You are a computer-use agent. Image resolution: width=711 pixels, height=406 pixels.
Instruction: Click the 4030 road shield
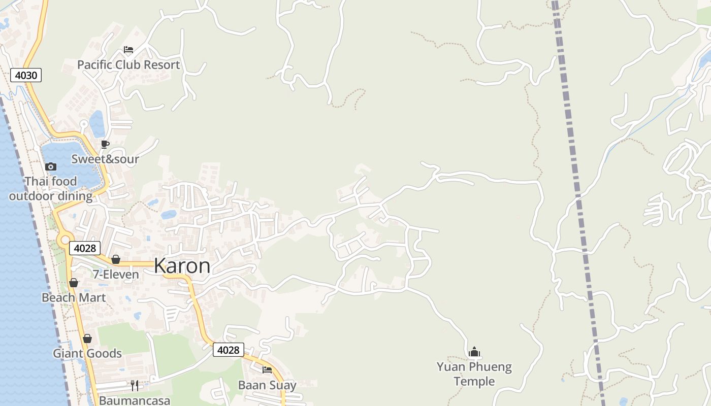(x=26, y=76)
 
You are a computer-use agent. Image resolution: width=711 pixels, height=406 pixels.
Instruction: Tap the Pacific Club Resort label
(x=128, y=65)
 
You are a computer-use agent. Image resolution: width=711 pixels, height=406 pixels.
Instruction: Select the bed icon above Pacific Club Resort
(x=128, y=50)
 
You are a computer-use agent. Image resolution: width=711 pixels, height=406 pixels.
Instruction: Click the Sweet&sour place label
(x=105, y=159)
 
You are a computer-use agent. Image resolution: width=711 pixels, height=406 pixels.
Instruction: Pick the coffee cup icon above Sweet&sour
(x=105, y=145)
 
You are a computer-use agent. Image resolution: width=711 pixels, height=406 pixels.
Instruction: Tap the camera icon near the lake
(x=50, y=166)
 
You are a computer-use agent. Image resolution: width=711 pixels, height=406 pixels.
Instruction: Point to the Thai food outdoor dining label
(x=51, y=189)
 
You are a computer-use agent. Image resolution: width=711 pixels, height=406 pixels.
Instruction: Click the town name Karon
(x=182, y=266)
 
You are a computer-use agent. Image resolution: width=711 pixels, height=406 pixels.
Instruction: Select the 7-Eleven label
(x=116, y=275)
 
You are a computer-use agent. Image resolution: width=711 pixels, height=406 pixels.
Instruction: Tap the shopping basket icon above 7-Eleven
(x=116, y=260)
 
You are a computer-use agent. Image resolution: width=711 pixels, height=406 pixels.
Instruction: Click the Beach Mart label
(x=74, y=297)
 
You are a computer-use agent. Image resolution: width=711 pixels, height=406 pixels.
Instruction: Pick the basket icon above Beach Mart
(x=74, y=283)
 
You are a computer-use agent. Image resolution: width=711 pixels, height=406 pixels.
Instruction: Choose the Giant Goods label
(x=87, y=353)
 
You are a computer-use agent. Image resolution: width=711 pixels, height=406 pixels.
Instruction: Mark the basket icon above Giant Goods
(x=87, y=339)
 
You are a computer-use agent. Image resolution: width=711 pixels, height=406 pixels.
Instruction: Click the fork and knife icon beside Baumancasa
(x=135, y=386)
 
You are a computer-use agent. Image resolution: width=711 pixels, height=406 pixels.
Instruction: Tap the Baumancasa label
(x=135, y=400)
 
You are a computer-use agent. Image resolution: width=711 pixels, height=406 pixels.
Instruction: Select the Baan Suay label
(x=267, y=385)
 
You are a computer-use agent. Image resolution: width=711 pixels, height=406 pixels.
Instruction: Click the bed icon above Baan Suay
(x=267, y=370)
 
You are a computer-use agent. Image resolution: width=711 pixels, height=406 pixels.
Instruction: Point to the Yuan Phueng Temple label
(x=474, y=374)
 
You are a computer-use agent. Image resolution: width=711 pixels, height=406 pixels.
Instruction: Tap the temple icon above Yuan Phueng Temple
(x=474, y=352)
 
